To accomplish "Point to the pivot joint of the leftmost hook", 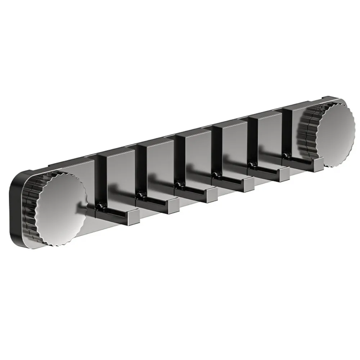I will pyautogui.click(x=100, y=206).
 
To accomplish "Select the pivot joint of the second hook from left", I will pyautogui.click(x=140, y=195).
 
